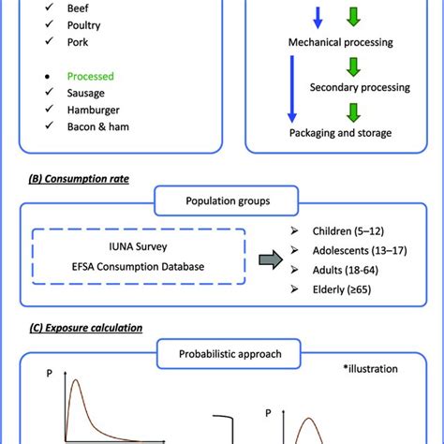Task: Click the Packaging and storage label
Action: (x=340, y=133)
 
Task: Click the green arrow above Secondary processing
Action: (x=352, y=67)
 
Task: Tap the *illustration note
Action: (x=372, y=370)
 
